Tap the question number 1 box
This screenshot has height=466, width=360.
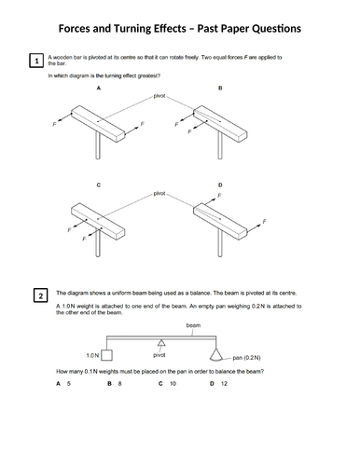pos(35,62)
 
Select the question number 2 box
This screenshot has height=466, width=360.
pos(40,296)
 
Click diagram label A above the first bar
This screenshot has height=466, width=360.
pos(98,89)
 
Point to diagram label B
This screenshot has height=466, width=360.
pos(219,89)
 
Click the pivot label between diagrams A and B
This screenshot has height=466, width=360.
pos(159,96)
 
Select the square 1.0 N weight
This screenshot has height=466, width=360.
pos(106,355)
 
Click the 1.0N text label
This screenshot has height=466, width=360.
pos(90,356)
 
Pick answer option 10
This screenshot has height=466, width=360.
pos(173,383)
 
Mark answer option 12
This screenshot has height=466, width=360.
pos(224,383)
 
